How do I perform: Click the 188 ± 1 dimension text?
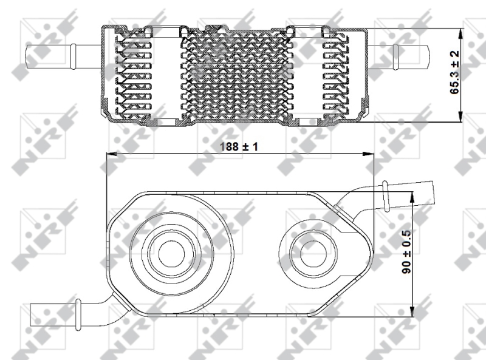pyautogui.click(x=239, y=146)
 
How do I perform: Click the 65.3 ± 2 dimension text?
pyautogui.click(x=454, y=72)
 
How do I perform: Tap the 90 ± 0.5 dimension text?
pyautogui.click(x=406, y=251)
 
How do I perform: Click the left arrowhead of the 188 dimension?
pyautogui.click(x=112, y=154)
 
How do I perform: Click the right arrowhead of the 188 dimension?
pyautogui.click(x=368, y=154)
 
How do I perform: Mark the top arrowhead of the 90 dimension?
pyautogui.click(x=412, y=197)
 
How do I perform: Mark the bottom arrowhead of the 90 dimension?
pyautogui.click(x=412, y=311)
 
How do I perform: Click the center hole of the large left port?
pyautogui.click(x=171, y=254)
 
